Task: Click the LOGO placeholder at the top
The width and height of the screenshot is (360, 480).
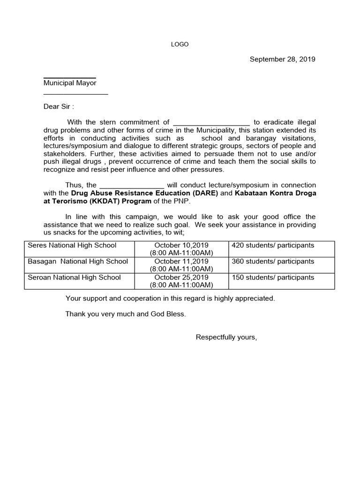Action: pos(180,45)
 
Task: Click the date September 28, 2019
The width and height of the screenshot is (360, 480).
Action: pos(282,59)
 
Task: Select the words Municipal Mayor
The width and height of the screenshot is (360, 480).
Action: pos(70,83)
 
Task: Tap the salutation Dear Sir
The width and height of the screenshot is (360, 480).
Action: pos(59,106)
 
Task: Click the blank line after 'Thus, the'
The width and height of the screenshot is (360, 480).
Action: pos(132,186)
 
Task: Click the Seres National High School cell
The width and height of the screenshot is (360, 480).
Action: pos(72,245)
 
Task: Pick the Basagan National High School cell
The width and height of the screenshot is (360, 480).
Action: pos(78,261)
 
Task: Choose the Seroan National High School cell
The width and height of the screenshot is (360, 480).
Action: pos(74,277)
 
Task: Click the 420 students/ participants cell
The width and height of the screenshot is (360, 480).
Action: pos(273,245)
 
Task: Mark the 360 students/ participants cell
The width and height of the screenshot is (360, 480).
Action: pos(273,261)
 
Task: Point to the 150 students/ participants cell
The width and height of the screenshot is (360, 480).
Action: pos(273,277)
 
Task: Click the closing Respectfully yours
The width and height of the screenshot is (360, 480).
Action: pos(226,337)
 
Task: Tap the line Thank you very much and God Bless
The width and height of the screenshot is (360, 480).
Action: pos(126,314)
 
